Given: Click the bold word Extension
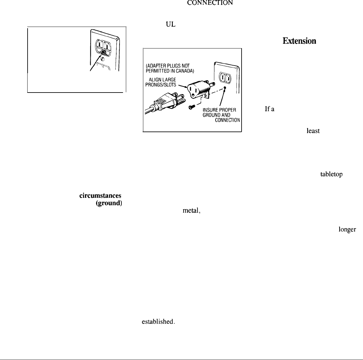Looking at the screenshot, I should [299, 41].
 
